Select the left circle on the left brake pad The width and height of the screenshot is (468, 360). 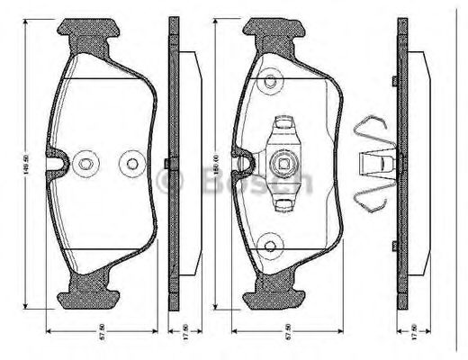click(85, 164)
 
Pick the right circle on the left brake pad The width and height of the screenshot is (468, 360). click(133, 164)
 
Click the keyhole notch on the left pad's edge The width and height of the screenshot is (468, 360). click(59, 163)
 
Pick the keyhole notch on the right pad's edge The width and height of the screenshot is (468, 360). click(244, 163)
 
